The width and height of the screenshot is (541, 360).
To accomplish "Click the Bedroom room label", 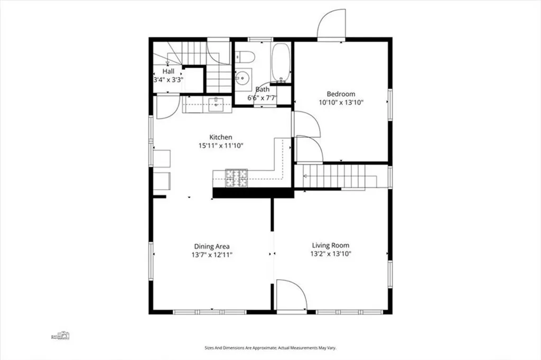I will (341, 94).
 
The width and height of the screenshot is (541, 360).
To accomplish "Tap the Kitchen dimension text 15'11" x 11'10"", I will (220, 146).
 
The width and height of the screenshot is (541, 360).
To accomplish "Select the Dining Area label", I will (212, 246).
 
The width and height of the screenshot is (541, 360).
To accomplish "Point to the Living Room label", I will (331, 245).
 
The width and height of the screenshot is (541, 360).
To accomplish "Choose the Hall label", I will (169, 71).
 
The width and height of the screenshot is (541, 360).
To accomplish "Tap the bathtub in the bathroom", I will (281, 63).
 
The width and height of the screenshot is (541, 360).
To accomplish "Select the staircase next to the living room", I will (333, 176).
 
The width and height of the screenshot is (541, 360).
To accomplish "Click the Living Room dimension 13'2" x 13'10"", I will (331, 254).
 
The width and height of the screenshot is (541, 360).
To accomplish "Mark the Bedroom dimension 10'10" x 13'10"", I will (341, 103).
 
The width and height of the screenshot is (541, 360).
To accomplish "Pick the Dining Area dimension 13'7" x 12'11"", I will (212, 255).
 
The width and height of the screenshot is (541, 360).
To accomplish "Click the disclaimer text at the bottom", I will (270, 348).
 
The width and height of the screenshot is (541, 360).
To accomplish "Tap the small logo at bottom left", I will (60, 335).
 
